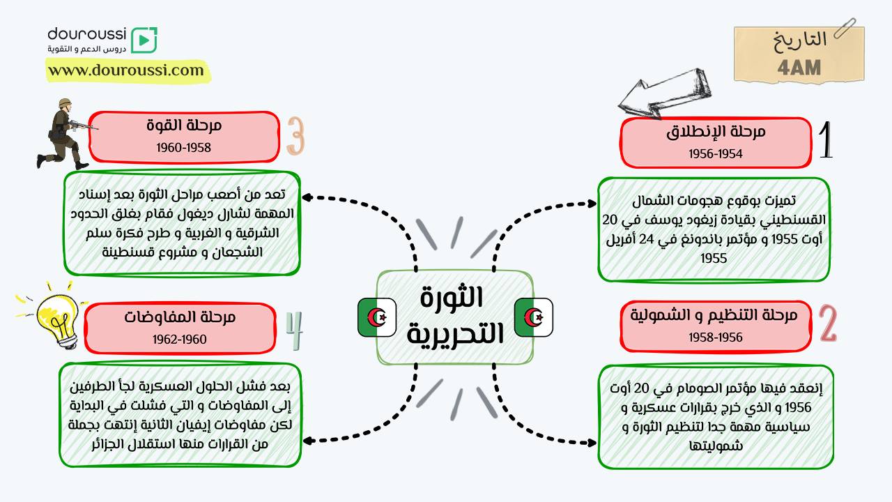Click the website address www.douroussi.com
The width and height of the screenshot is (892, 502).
[x=126, y=70]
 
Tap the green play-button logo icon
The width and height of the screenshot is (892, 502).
[x=144, y=40]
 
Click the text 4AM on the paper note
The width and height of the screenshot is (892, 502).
[x=799, y=68]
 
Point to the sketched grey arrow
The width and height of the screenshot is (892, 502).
[x=664, y=93]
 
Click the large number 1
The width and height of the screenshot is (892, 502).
[x=826, y=140]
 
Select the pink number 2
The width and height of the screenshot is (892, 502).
[x=829, y=323]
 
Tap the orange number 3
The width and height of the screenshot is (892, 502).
[x=296, y=135]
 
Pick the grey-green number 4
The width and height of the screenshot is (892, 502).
[x=295, y=330]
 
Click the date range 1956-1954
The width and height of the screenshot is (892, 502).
[x=716, y=154]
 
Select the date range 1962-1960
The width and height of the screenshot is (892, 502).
[x=180, y=340]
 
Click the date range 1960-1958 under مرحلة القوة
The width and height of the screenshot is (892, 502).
[x=183, y=148]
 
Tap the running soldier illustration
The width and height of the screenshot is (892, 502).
[x=66, y=134]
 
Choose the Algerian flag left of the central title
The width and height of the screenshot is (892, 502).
[x=377, y=317]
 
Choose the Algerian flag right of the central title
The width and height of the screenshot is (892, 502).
[x=534, y=317]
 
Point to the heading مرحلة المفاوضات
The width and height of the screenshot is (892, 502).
[x=180, y=317]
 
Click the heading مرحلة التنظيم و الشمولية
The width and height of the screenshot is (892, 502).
[x=714, y=315]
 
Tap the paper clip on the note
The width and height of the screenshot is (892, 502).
[x=845, y=28]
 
